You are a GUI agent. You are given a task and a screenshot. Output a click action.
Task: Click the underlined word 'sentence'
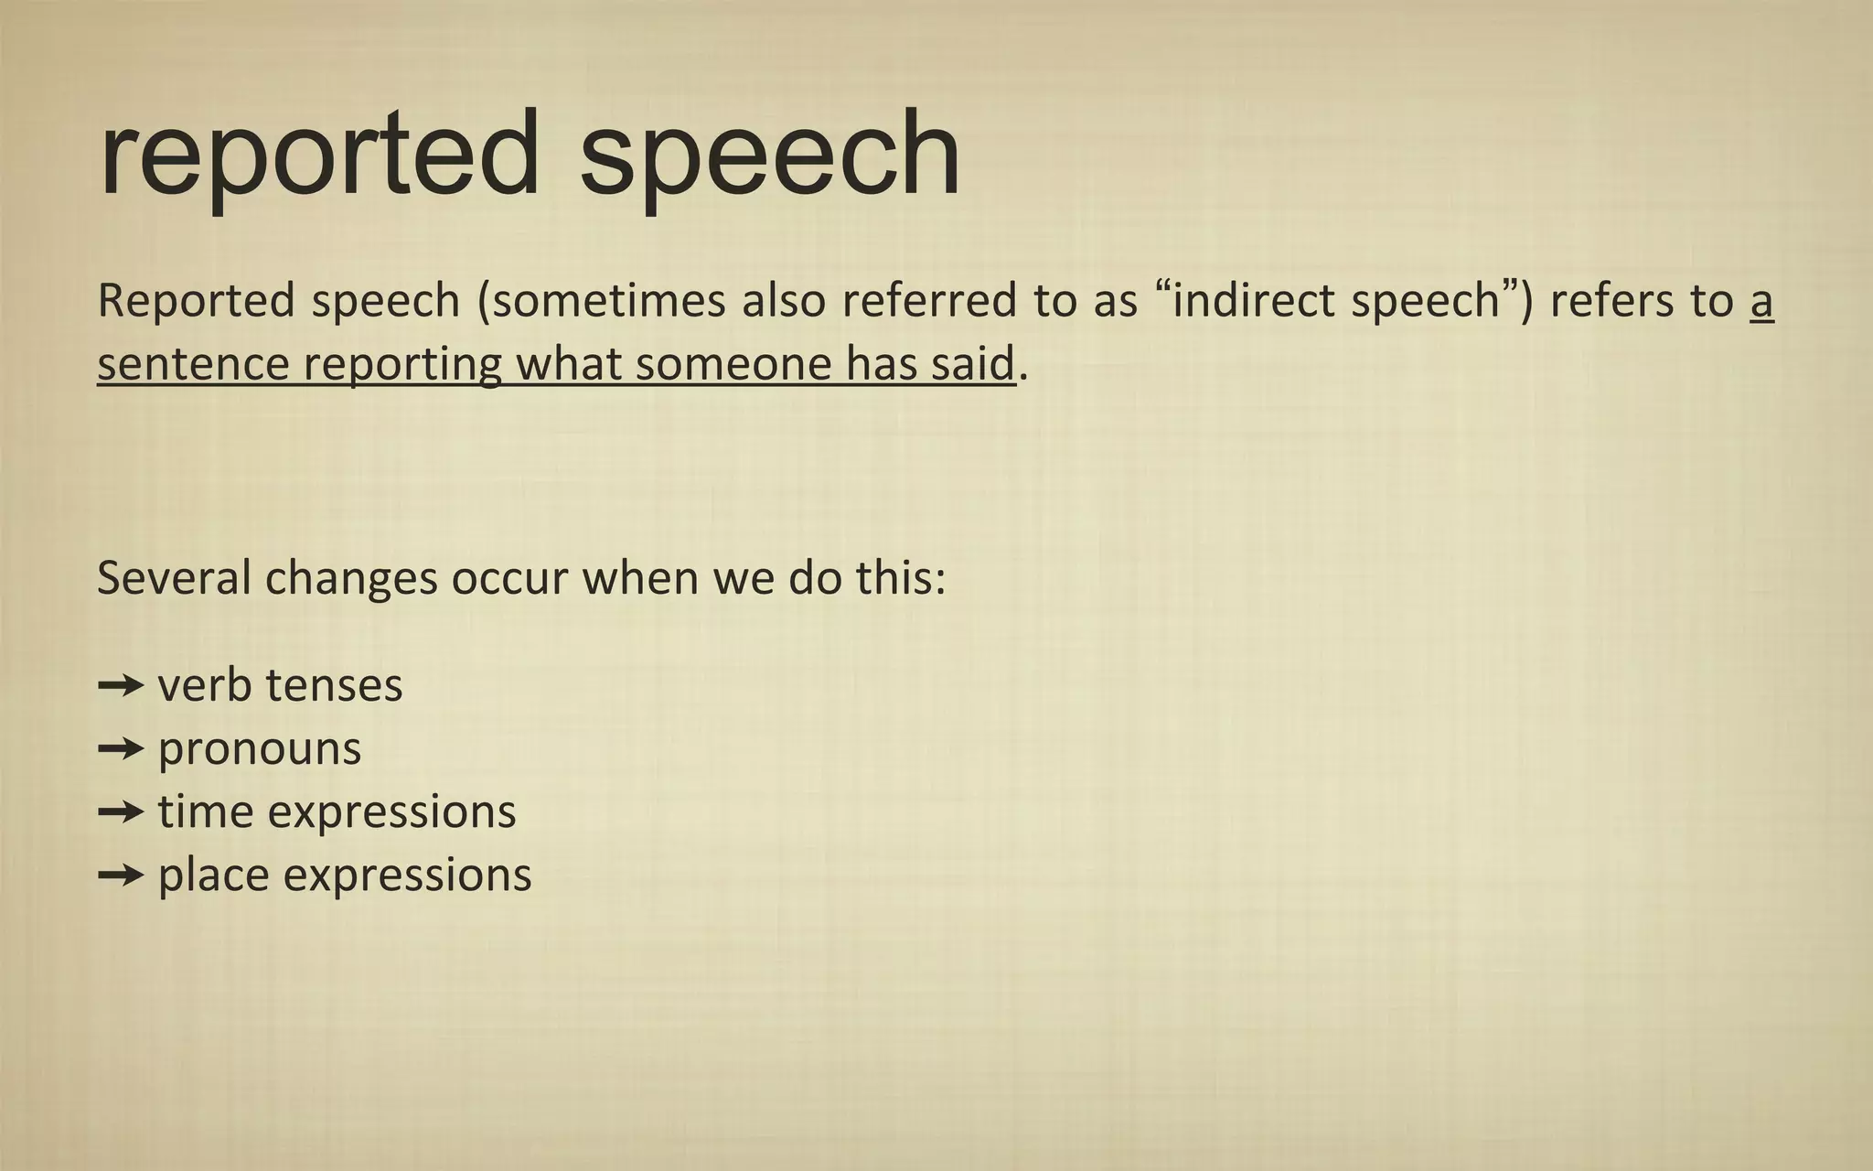[193, 364]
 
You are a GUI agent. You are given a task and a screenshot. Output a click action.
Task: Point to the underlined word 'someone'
[733, 364]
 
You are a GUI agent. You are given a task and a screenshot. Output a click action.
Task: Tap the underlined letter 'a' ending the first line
[1761, 303]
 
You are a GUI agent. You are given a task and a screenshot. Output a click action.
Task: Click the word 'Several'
[174, 578]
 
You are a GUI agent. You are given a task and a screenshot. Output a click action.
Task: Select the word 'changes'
[351, 580]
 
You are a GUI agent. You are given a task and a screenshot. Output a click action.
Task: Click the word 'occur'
[509, 580]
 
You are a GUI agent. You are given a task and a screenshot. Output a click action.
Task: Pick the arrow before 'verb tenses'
[120, 685]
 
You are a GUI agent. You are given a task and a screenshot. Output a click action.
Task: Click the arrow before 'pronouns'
[120, 748]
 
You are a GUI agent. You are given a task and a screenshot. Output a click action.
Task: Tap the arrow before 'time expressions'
[120, 811]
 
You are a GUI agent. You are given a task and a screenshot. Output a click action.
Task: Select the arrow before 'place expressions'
[120, 875]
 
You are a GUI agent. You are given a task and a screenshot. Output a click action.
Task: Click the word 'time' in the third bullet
[205, 811]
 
